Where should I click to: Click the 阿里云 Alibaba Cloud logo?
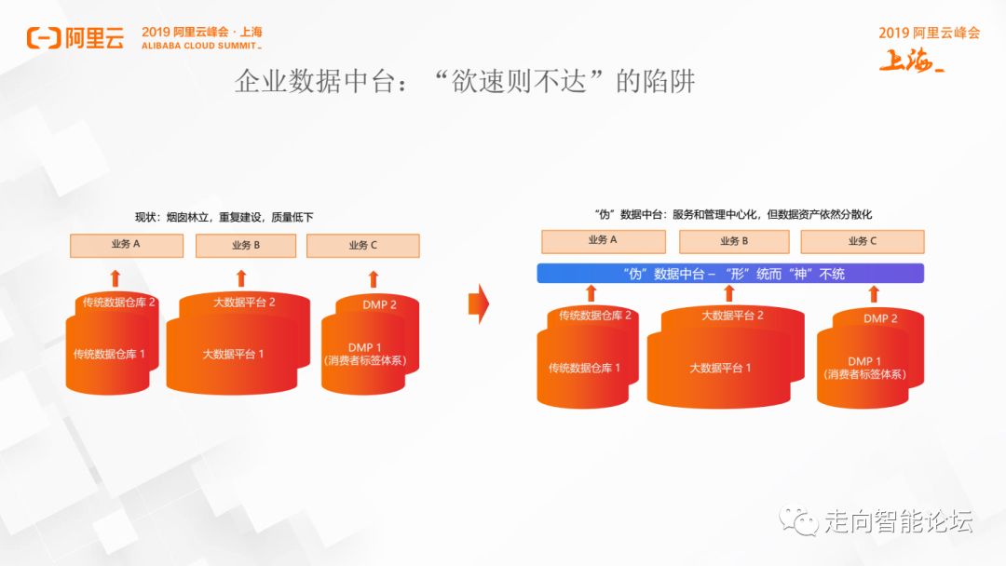click(75, 37)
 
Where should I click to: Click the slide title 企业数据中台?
click(465, 83)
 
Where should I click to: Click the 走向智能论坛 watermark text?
click(898, 521)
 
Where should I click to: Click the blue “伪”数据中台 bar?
click(730, 274)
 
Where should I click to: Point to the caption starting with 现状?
click(224, 217)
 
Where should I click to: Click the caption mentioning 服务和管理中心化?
click(732, 214)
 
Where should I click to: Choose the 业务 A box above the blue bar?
click(603, 240)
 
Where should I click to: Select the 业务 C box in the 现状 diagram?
click(362, 246)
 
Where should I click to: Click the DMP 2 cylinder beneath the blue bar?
click(876, 319)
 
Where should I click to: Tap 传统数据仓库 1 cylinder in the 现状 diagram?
click(109, 355)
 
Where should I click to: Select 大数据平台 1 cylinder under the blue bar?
click(720, 369)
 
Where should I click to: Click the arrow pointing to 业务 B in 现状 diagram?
click(241, 277)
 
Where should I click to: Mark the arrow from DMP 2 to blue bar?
click(874, 294)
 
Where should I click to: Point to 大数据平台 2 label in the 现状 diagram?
click(244, 303)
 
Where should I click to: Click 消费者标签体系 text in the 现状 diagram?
click(365, 360)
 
